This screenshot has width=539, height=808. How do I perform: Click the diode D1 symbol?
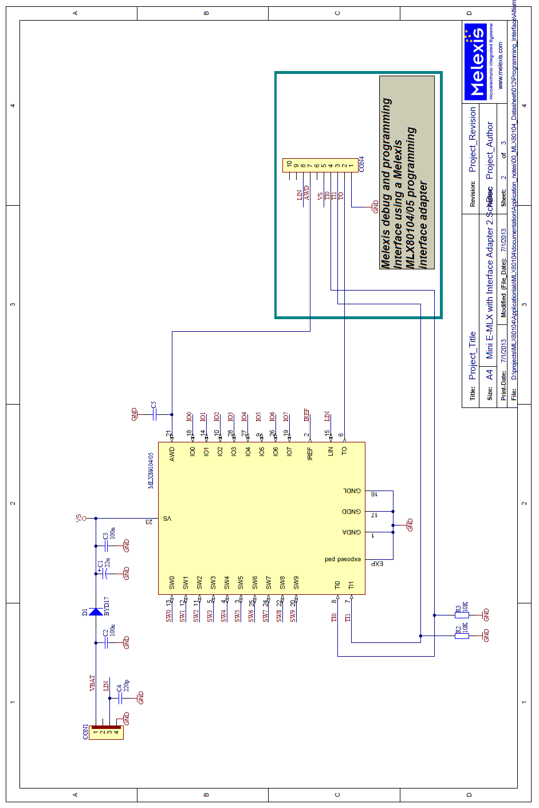point(96,612)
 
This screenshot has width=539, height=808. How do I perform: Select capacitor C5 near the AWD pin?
point(154,414)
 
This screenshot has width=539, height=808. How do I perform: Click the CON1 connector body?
point(106,732)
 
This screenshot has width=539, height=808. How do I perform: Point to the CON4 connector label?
point(361,164)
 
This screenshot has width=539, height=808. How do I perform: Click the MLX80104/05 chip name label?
point(151,470)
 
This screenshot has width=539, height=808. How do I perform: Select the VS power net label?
point(78,518)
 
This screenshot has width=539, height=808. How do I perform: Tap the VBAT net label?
point(92,683)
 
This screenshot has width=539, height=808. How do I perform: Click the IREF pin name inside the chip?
point(310,454)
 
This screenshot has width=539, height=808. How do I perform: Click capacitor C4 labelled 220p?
point(120,697)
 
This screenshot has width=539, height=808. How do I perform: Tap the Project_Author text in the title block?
point(490,150)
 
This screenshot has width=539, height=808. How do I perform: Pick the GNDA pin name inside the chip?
point(352,532)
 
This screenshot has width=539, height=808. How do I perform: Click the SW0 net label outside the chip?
point(168,615)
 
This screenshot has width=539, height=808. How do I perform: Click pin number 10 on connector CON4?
point(289,164)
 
